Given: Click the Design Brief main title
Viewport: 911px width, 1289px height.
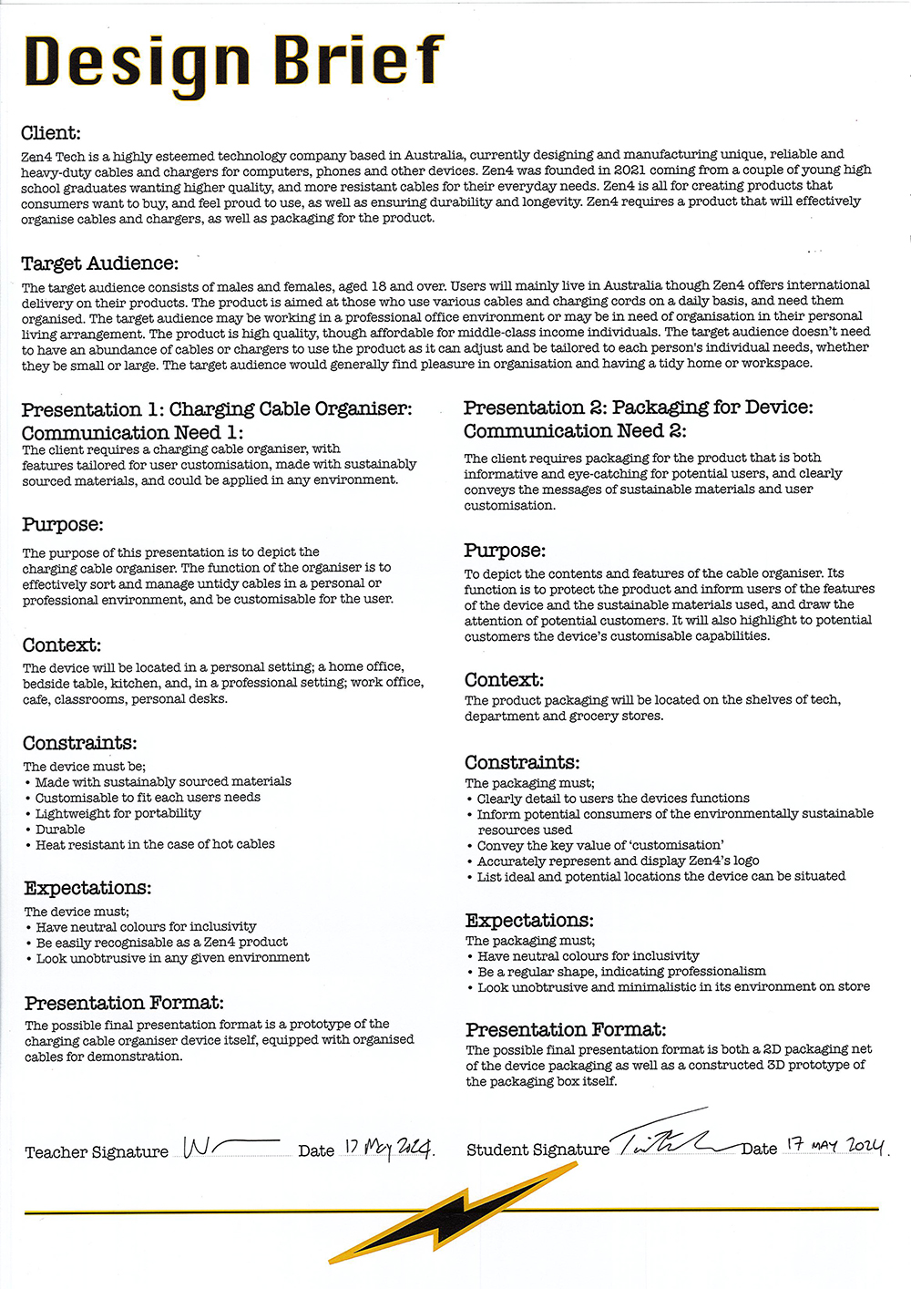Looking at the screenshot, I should pyautogui.click(x=234, y=62).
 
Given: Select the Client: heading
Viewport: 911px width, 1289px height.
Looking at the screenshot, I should pyautogui.click(x=51, y=133).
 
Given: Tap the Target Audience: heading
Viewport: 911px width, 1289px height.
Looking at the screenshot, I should pyautogui.click(x=100, y=263).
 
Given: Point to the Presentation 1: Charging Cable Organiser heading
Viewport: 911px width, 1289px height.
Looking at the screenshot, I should pyautogui.click(x=217, y=409).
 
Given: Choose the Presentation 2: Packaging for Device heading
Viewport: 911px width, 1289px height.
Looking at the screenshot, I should pyautogui.click(x=638, y=407).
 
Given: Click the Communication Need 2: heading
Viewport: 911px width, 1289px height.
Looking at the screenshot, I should pyautogui.click(x=575, y=431).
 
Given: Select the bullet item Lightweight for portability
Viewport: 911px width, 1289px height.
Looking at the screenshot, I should pyautogui.click(x=118, y=813).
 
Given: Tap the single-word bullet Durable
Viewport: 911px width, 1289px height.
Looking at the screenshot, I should pyautogui.click(x=60, y=830).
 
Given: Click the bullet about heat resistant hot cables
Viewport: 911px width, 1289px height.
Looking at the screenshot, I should pyautogui.click(x=155, y=844).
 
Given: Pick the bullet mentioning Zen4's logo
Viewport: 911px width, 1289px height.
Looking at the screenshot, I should pyautogui.click(x=618, y=861).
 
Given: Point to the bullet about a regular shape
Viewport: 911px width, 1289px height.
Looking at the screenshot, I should pyautogui.click(x=621, y=971).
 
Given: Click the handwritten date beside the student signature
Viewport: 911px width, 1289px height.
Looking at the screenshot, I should pyautogui.click(x=835, y=1146).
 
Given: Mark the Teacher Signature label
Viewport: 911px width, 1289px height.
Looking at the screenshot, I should pyautogui.click(x=97, y=1152).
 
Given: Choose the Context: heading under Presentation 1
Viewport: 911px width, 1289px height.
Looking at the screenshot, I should pyautogui.click(x=62, y=645).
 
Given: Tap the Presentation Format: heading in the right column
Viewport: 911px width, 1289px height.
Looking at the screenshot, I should pyautogui.click(x=566, y=1030).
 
